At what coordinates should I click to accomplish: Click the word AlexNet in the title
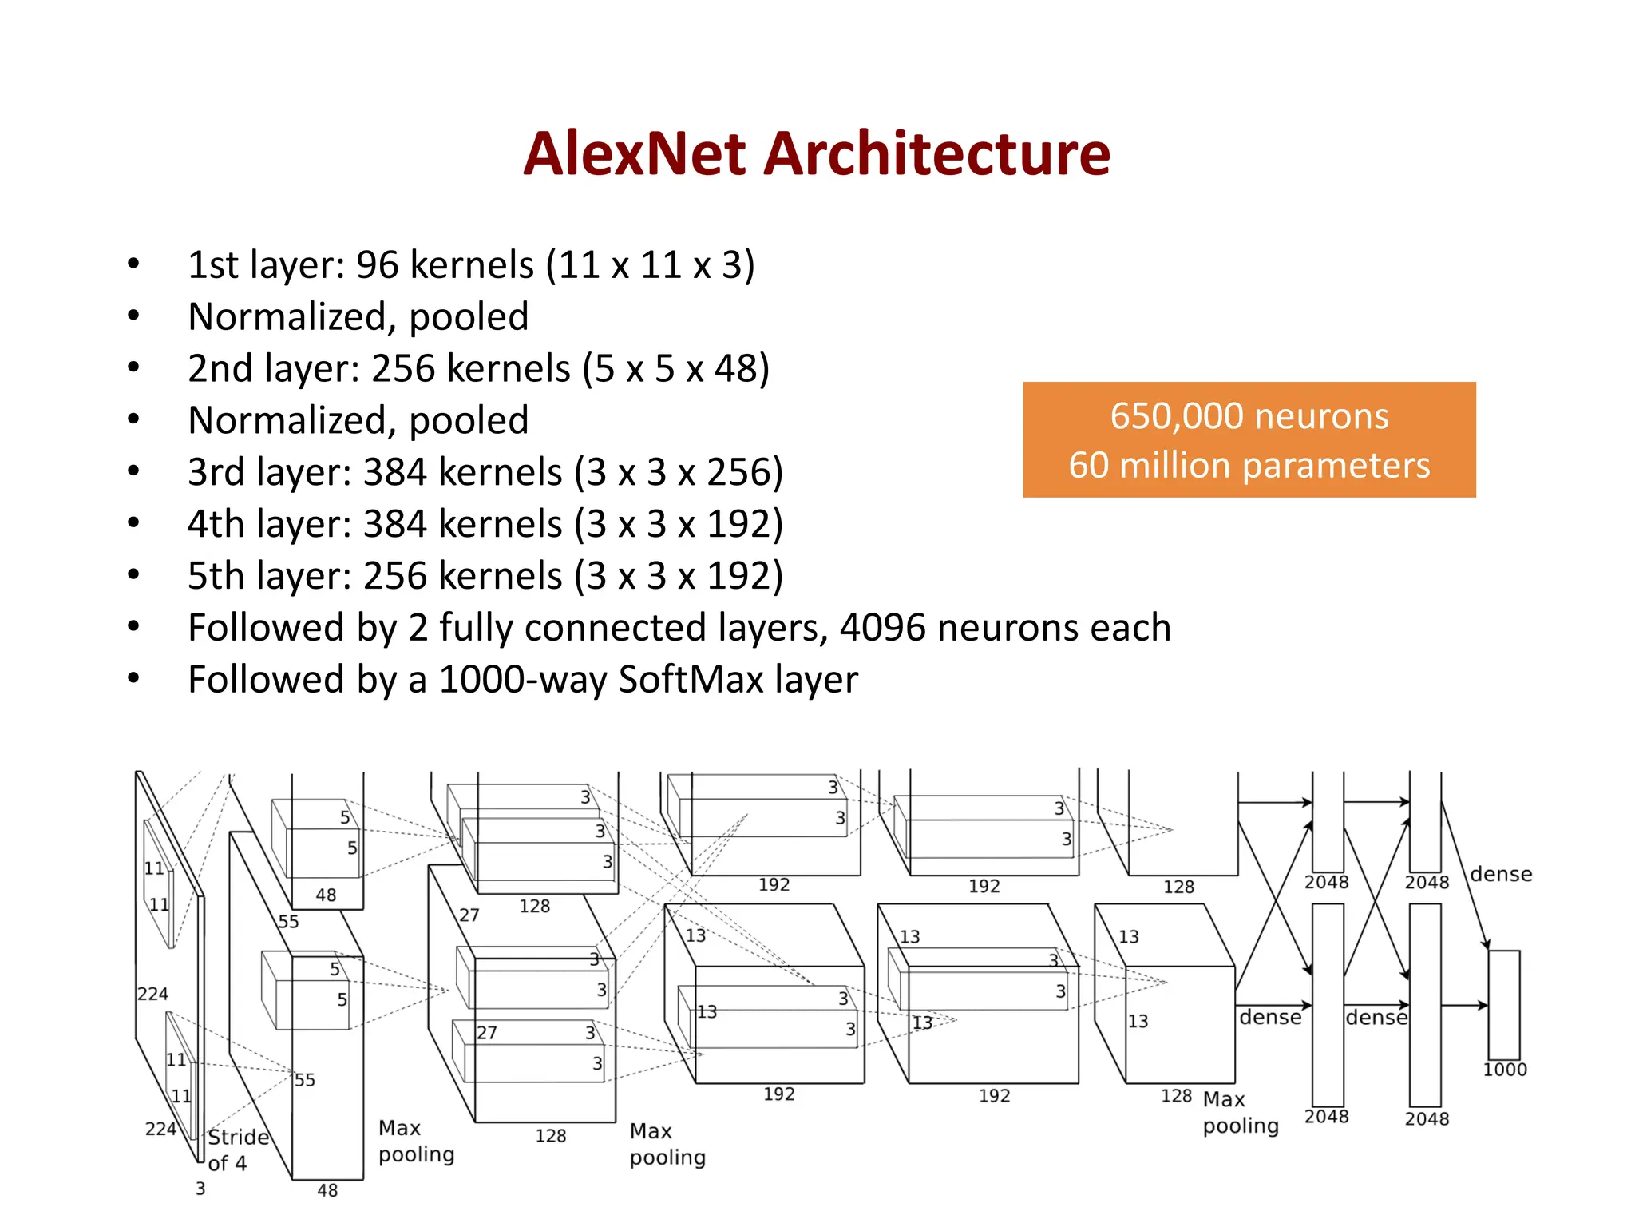pos(635,153)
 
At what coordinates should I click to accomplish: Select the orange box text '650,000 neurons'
pos(1249,416)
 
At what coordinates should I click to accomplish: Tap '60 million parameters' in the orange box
pos(1249,465)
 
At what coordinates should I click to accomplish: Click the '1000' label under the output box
pos(1504,1070)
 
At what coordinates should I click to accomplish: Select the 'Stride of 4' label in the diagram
pos(236,1150)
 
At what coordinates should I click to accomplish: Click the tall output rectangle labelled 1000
pos(1503,1004)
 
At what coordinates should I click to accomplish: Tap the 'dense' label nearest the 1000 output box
pos(1501,874)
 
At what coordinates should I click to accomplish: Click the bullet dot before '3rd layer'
pos(133,471)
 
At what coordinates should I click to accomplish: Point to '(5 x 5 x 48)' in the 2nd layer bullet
pos(675,368)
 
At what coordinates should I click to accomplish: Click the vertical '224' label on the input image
pos(152,994)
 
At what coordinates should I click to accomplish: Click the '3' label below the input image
pos(200,1189)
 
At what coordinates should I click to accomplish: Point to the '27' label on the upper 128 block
pos(469,915)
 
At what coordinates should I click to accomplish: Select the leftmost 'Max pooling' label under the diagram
pos(416,1141)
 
